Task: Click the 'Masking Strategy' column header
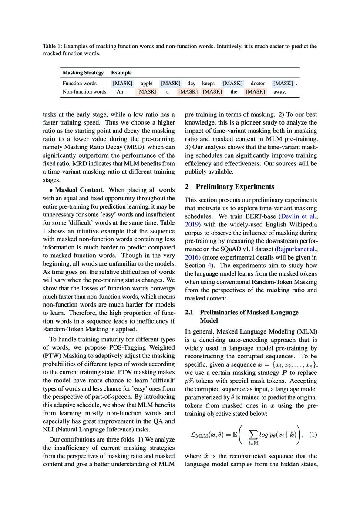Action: click(x=83, y=73)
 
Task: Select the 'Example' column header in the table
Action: click(x=121, y=73)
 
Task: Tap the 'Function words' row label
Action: click(x=80, y=83)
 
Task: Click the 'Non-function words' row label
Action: click(x=84, y=92)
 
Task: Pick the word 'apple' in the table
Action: click(x=147, y=83)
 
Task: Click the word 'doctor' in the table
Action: click(x=258, y=83)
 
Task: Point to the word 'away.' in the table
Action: click(x=280, y=92)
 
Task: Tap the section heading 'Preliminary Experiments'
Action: click(x=235, y=187)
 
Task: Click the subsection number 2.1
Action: click(x=189, y=312)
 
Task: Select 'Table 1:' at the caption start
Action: click(x=52, y=46)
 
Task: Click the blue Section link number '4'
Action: click(x=209, y=266)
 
